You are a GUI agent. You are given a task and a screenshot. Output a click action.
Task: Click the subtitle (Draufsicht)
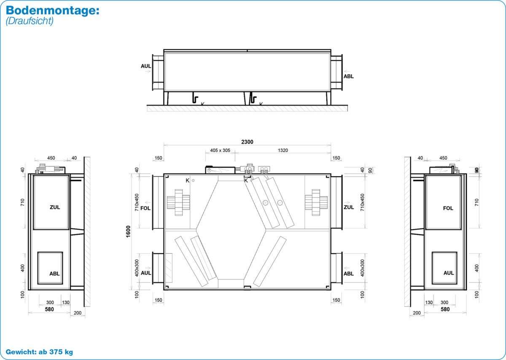[30, 21]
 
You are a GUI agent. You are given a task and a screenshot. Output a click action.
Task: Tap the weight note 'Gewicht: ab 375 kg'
[39, 352]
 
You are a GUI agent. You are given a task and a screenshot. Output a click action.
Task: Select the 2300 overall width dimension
[247, 142]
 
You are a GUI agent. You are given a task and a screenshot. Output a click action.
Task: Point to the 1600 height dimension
[128, 231]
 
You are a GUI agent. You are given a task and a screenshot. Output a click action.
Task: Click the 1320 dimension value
[283, 150]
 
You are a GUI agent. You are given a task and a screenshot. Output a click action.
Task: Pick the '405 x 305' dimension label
[220, 150]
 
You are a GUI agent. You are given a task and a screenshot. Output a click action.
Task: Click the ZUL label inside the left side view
[55, 207]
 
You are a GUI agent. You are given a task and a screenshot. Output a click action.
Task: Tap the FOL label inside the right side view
[448, 208]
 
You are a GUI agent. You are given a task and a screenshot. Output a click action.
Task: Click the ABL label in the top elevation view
[349, 76]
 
